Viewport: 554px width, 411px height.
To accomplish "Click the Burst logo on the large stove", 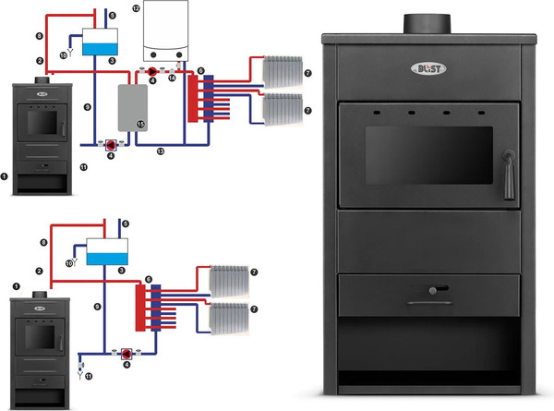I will point(427,68).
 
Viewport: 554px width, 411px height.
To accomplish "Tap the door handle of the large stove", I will point(506,175).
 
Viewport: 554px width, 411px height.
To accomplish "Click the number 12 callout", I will point(136,7).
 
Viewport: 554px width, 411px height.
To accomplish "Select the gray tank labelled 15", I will point(129,107).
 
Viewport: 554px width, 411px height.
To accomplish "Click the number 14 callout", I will point(172,80).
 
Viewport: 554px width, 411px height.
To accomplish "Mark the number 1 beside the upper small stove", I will point(6,174).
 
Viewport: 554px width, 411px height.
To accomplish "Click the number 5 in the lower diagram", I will point(126,224).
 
